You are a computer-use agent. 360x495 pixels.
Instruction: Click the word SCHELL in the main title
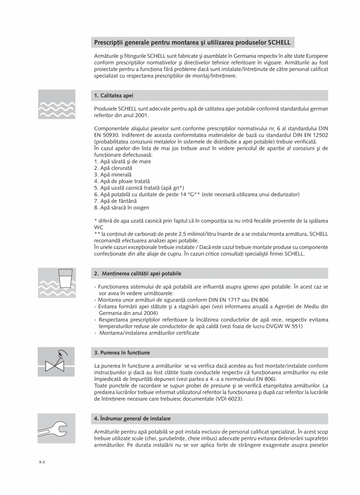[279, 42]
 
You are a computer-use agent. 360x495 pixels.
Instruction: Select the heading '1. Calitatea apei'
[114, 95]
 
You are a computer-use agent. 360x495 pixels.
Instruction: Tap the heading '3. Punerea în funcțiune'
[122, 352]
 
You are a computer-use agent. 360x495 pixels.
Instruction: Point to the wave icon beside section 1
[56, 104]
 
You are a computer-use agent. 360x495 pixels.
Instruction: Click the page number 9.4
[42, 462]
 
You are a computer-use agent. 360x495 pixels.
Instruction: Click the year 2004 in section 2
[151, 313]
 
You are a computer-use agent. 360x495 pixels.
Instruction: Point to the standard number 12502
[319, 135]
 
